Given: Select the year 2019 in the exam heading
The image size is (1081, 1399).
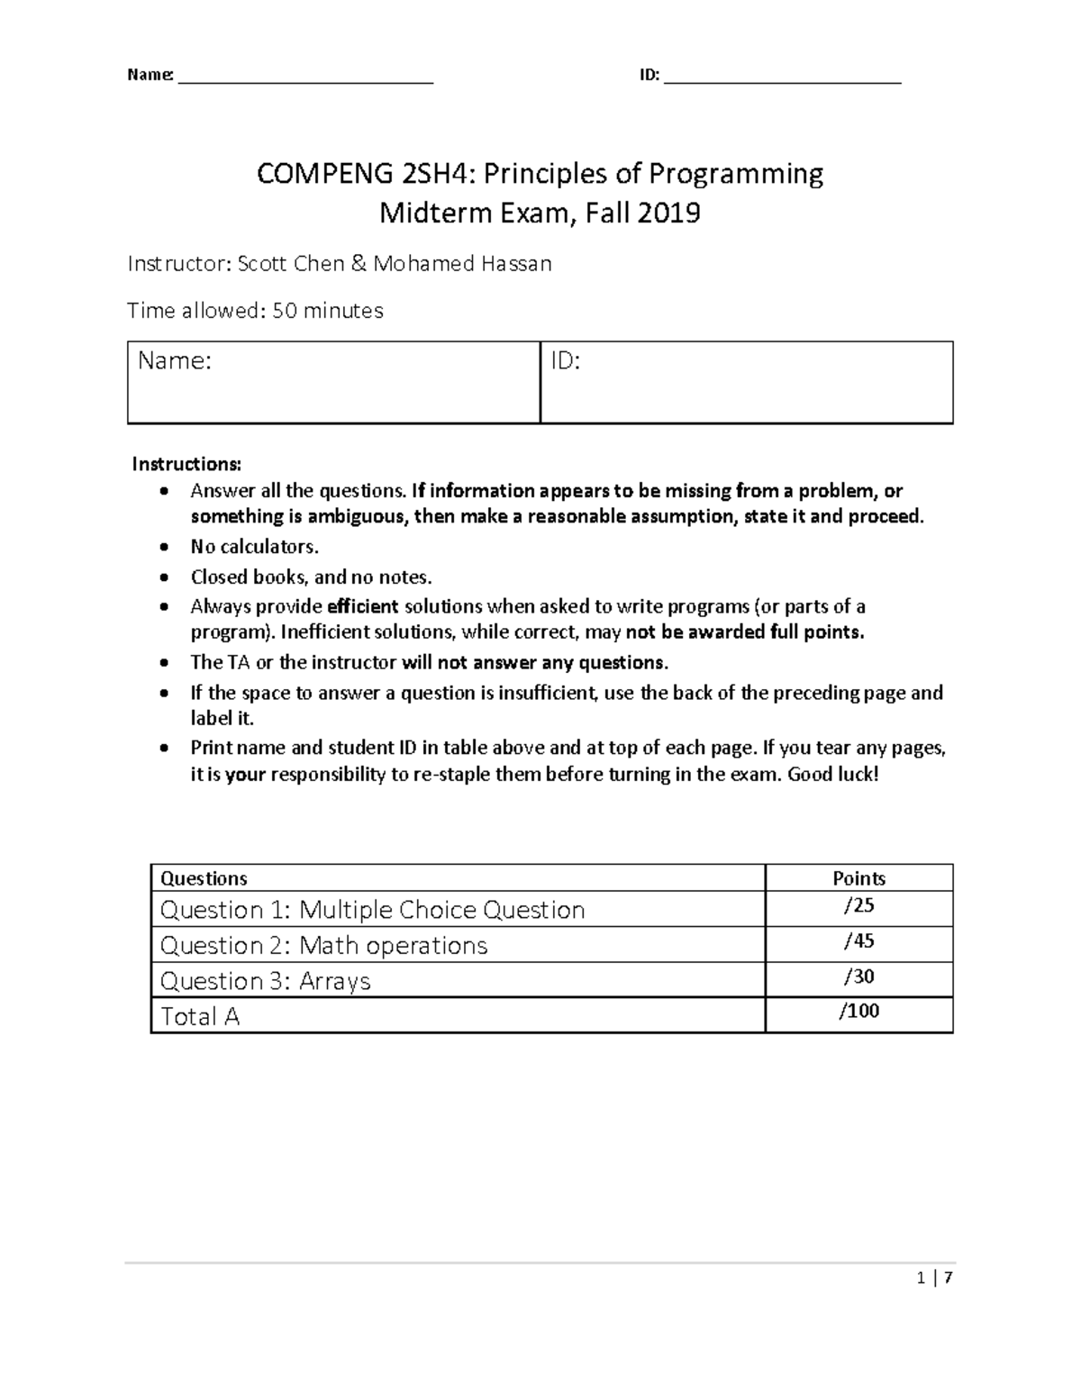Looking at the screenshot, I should [668, 213].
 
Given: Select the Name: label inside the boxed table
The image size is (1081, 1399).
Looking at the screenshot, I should [175, 361].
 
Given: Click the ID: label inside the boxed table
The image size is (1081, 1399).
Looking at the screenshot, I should [566, 361].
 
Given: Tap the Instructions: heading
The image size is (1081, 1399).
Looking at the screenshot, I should [186, 464].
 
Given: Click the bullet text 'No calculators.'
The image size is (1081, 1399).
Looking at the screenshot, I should [254, 547].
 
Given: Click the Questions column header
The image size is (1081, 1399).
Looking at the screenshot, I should [204, 878].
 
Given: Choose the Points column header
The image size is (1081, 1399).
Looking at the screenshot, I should [858, 878].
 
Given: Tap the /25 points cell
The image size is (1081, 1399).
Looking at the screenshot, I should [858, 906].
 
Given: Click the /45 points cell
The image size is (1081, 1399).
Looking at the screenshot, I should [858, 941].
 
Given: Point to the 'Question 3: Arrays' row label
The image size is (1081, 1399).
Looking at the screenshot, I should [265, 980].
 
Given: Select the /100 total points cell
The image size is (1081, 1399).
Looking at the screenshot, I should [858, 1011].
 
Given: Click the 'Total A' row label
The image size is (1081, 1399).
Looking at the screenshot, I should [200, 1016].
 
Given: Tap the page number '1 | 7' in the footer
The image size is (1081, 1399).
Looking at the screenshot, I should [934, 1277].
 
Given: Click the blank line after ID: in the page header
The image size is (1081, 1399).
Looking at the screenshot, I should [782, 76].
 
